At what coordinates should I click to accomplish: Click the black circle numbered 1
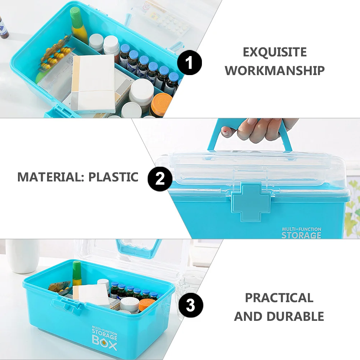190,63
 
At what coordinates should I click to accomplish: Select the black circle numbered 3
191,306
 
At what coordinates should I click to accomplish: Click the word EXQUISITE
275,52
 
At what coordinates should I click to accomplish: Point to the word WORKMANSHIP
275,70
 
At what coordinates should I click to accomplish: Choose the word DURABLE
295,317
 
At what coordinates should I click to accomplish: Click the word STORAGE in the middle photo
301,235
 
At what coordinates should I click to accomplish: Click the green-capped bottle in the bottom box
77,273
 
